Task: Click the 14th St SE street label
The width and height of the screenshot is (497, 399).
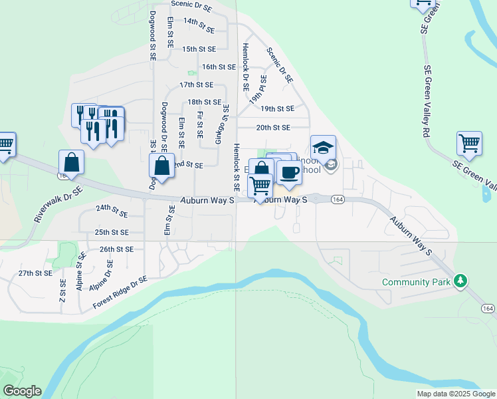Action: [199, 25]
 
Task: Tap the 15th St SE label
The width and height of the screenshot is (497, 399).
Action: [199, 49]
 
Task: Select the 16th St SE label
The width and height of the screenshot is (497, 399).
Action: [219, 66]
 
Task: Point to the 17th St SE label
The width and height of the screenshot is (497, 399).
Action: [196, 85]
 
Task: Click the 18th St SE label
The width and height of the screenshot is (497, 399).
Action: [204, 102]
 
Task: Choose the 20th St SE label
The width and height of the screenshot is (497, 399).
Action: [273, 127]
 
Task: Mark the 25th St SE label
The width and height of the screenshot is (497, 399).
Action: [111, 233]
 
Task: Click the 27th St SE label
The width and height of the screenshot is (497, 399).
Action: [35, 273]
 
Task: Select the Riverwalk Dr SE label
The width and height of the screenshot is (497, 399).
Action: [58, 205]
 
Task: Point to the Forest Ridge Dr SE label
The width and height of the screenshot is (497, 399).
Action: [120, 293]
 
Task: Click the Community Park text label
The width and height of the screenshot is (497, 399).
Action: [417, 282]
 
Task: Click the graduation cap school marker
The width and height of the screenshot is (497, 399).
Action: [323, 148]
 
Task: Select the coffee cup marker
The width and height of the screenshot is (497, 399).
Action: [288, 173]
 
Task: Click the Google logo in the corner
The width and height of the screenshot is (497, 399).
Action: [21, 391]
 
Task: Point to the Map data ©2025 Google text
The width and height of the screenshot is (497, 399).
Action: [456, 394]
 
